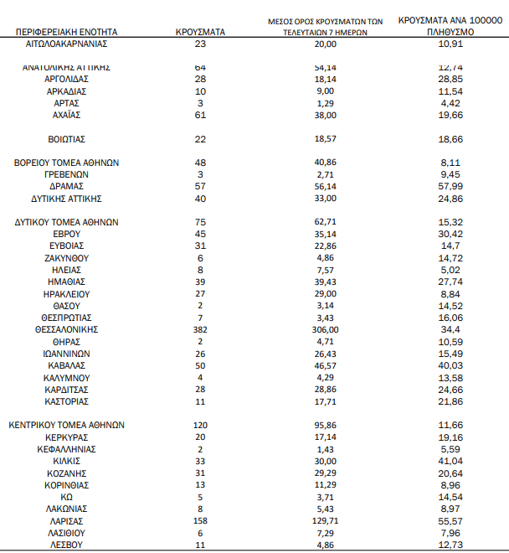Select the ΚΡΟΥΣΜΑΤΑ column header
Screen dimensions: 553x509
(201, 31)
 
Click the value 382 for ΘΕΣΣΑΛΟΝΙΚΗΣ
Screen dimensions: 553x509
(200, 330)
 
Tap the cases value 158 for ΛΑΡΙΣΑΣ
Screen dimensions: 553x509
(200, 520)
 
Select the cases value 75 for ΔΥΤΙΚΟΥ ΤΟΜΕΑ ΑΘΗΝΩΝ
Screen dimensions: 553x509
(200, 222)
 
